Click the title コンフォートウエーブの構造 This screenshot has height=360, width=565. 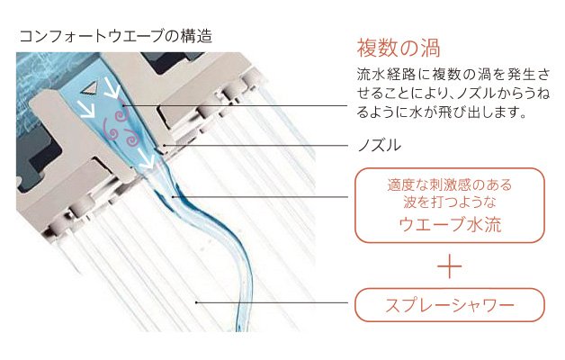[x=115, y=36]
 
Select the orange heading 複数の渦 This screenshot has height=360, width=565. [x=399, y=48]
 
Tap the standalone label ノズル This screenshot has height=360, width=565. [x=379, y=146]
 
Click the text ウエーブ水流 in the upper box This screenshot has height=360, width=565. [x=450, y=224]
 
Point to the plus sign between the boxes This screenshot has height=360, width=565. [x=449, y=266]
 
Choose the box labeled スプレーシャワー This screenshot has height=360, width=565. [x=450, y=305]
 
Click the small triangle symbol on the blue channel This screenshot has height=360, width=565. [x=89, y=88]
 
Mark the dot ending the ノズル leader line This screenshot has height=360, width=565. [x=164, y=146]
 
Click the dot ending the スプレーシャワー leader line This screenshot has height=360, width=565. [x=196, y=302]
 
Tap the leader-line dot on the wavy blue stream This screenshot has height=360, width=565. [x=174, y=197]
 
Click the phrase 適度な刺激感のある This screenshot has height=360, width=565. [x=450, y=185]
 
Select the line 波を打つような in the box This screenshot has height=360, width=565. [x=450, y=202]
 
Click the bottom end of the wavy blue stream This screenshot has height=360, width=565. [x=238, y=328]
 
